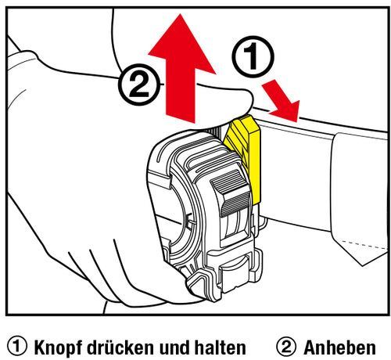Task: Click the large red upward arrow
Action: (x=181, y=70)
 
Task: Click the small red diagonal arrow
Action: (x=282, y=101)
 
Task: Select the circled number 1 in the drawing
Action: (x=253, y=57)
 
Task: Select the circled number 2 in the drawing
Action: (x=139, y=85)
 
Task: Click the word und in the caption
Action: (x=174, y=347)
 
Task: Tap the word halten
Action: (x=219, y=347)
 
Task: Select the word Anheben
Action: (x=339, y=347)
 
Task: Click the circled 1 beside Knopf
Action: (x=17, y=347)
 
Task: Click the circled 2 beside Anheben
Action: (x=286, y=347)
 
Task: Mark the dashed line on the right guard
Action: (x=364, y=245)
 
